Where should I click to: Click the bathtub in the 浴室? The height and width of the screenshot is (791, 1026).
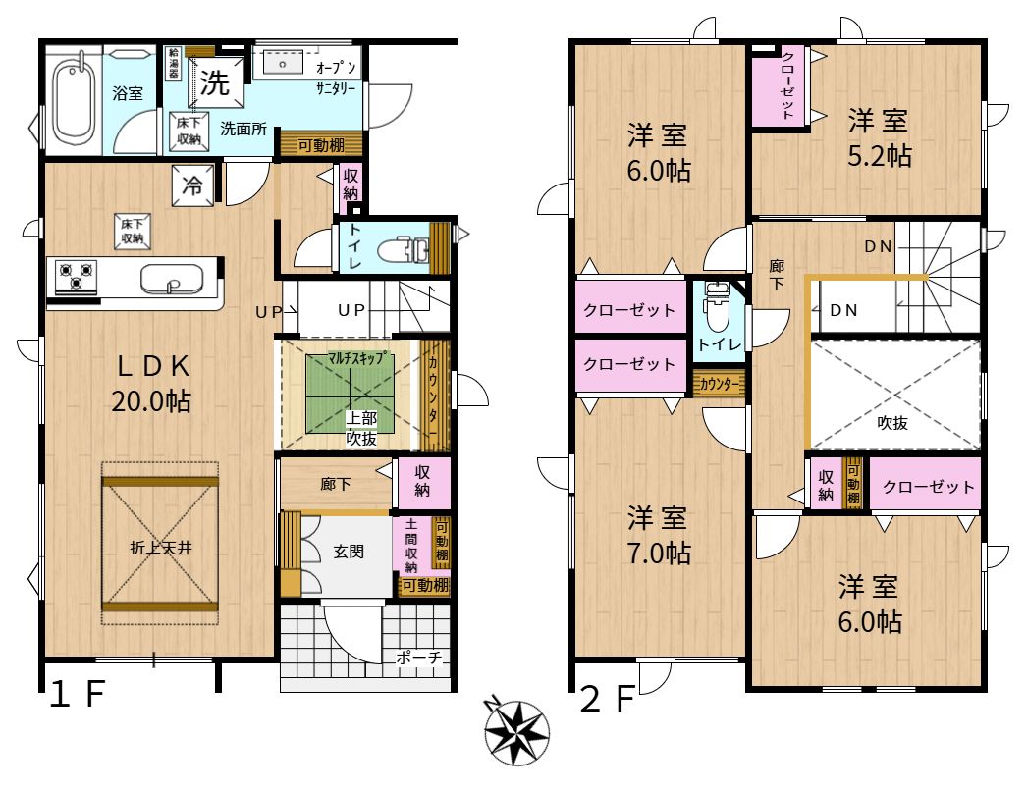pyautogui.click(x=74, y=99)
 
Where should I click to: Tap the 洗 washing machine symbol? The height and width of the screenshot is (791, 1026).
pyautogui.click(x=215, y=81)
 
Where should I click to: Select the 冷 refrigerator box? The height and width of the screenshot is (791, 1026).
pyautogui.click(x=192, y=185)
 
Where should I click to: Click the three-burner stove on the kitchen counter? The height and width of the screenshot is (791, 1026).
pyautogui.click(x=76, y=276)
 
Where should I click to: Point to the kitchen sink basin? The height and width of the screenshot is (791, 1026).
pyautogui.click(x=172, y=279)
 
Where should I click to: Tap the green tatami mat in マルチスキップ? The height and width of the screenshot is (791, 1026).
pyautogui.click(x=351, y=394)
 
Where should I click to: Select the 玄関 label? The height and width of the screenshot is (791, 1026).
pyautogui.click(x=349, y=552)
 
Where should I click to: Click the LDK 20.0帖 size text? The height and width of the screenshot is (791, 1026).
pyautogui.click(x=151, y=401)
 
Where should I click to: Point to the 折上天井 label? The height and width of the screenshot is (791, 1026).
pyautogui.click(x=161, y=548)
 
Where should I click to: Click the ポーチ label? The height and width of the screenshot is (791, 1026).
pyautogui.click(x=419, y=657)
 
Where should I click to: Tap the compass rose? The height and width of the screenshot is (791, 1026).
pyautogui.click(x=516, y=731)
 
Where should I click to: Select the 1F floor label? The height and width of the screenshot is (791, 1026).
pyautogui.click(x=78, y=694)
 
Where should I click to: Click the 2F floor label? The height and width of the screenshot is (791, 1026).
pyautogui.click(x=607, y=698)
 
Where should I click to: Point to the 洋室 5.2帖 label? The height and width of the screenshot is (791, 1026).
pyautogui.click(x=880, y=138)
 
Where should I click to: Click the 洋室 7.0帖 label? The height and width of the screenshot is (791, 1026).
pyautogui.click(x=658, y=535)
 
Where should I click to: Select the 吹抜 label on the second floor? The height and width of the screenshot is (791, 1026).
pyautogui.click(x=891, y=423)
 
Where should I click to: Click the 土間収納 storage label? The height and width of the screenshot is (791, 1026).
pyautogui.click(x=411, y=546)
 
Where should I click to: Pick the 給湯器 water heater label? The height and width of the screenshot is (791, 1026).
pyautogui.click(x=174, y=64)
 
